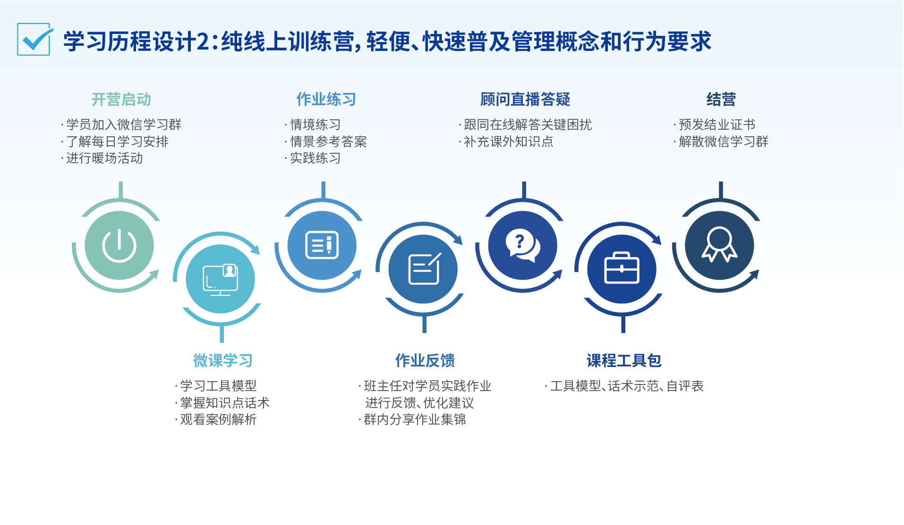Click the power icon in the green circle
tap(119, 245)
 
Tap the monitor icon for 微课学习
tap(220, 280)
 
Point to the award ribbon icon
tap(719, 244)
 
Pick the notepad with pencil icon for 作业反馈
tap(424, 269)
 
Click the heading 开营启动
tap(121, 100)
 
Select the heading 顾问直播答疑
tap(525, 100)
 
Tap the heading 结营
tap(721, 100)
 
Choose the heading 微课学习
tap(222, 361)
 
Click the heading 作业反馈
tap(425, 361)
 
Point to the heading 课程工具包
tap(623, 361)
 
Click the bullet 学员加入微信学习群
tap(123, 125)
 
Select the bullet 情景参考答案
tap(328, 142)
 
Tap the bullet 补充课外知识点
tap(508, 142)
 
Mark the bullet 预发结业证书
tap(716, 125)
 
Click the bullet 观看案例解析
tap(218, 419)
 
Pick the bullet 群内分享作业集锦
tap(415, 419)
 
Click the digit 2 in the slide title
tap(203, 42)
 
